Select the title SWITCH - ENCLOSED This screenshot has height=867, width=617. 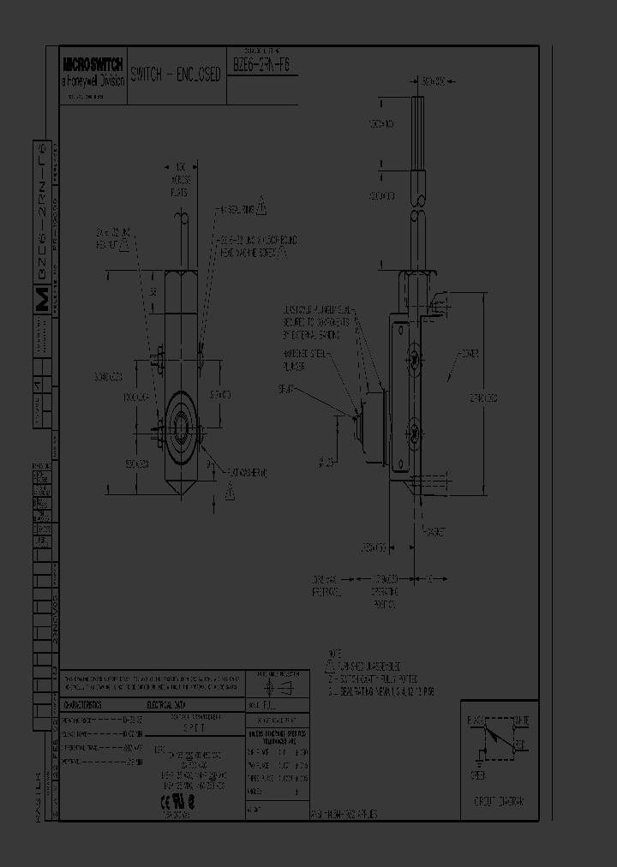[176, 75]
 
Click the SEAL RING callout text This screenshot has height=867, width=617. [237, 208]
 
